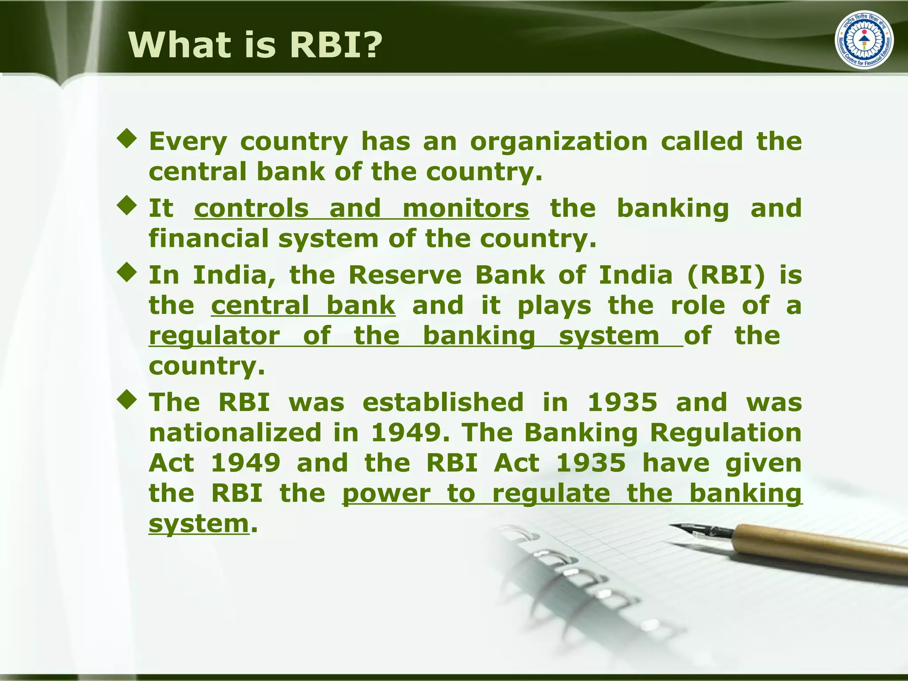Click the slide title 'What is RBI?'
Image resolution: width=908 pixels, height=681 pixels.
point(255,45)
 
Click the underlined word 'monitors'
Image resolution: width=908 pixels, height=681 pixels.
point(466,208)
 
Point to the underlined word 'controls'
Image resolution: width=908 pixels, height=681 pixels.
point(251,208)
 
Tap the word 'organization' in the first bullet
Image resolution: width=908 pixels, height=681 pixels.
point(559,142)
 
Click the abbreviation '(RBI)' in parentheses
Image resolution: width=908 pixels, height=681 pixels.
point(726,275)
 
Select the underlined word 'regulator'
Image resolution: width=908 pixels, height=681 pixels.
point(214,336)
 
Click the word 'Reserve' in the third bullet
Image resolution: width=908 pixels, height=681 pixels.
point(405,275)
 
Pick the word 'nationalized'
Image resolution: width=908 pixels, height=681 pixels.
point(235,433)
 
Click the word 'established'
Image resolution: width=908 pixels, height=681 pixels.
point(443,403)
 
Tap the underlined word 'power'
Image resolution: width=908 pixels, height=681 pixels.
point(386,494)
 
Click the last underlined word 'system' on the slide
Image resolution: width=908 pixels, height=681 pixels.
point(199,524)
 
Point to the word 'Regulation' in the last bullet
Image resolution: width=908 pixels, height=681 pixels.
point(726,433)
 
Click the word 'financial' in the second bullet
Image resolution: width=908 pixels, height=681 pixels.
point(208,239)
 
